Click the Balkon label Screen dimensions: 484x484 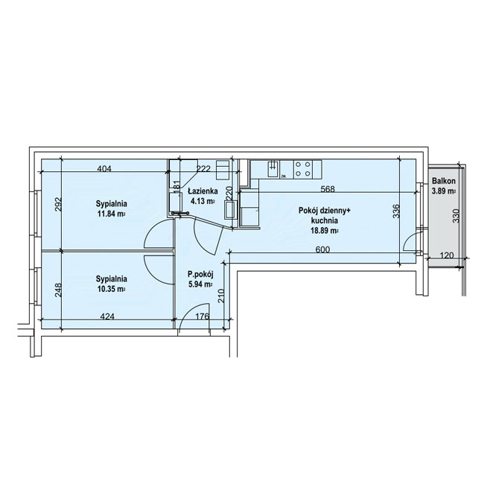click(444, 181)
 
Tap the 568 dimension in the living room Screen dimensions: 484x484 click(328, 188)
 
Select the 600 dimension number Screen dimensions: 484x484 click(323, 249)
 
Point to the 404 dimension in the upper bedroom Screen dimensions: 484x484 click(104, 168)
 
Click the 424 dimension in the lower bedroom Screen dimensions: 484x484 click(108, 316)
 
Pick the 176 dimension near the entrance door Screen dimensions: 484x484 click(203, 316)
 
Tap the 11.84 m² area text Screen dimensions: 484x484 click(112, 214)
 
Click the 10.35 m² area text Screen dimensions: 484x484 click(112, 289)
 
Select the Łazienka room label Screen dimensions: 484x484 click(203, 191)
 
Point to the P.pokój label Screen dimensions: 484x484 click(200, 274)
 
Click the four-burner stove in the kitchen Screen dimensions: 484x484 click(303, 169)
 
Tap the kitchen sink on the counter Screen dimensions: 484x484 click(273, 168)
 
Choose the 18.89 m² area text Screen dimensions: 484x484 click(325, 230)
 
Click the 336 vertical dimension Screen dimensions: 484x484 click(396, 211)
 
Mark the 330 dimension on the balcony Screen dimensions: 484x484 click(456, 216)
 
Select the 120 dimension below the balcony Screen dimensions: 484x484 click(447, 255)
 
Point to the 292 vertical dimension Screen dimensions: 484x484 click(59, 204)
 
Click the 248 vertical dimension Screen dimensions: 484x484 click(58, 290)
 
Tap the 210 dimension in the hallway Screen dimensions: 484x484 click(221, 296)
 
